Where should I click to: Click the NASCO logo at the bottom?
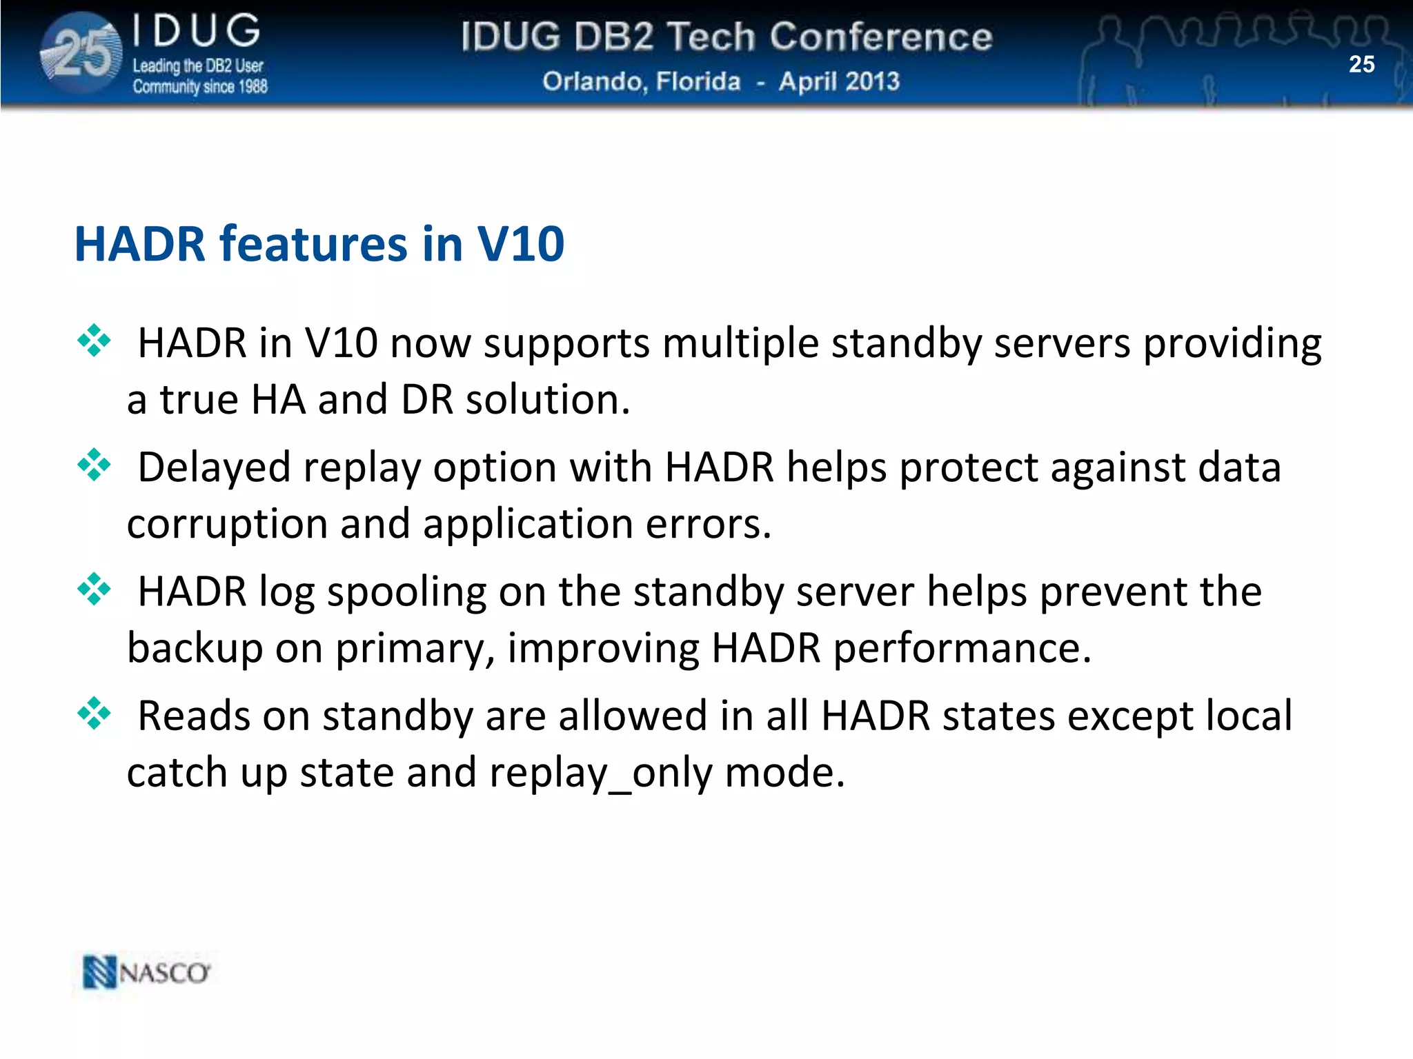tap(146, 973)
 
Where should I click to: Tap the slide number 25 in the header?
tap(1361, 64)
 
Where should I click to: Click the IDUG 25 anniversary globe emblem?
tap(81, 54)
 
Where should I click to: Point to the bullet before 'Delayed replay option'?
tap(94, 465)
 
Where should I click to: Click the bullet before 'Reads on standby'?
tap(94, 714)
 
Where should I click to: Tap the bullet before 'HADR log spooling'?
tap(94, 589)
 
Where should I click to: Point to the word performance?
tap(962, 649)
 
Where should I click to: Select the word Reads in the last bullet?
tap(194, 716)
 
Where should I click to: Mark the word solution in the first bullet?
tap(547, 400)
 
